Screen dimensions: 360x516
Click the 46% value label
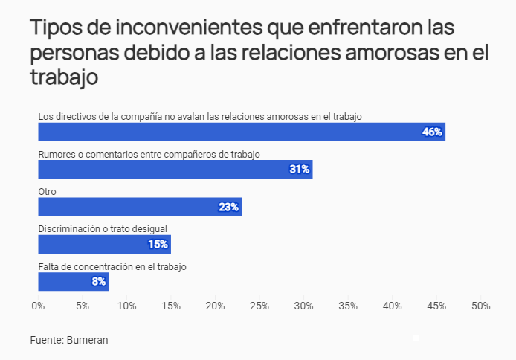point(432,132)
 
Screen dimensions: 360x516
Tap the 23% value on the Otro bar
point(228,207)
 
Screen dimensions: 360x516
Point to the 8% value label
point(98,282)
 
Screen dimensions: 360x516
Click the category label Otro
point(47,191)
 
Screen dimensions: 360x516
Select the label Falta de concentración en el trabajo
point(112,266)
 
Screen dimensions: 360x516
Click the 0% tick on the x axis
point(38,306)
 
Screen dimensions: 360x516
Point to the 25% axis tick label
point(259,306)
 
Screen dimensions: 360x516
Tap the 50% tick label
point(481,306)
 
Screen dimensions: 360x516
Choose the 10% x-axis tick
point(126,306)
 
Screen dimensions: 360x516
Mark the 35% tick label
point(348,306)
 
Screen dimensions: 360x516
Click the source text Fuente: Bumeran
point(69,340)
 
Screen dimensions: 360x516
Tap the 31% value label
point(299,169)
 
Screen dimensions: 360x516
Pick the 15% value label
point(158,244)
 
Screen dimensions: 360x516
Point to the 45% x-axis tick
point(436,306)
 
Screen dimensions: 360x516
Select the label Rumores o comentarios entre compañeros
point(149,153)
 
